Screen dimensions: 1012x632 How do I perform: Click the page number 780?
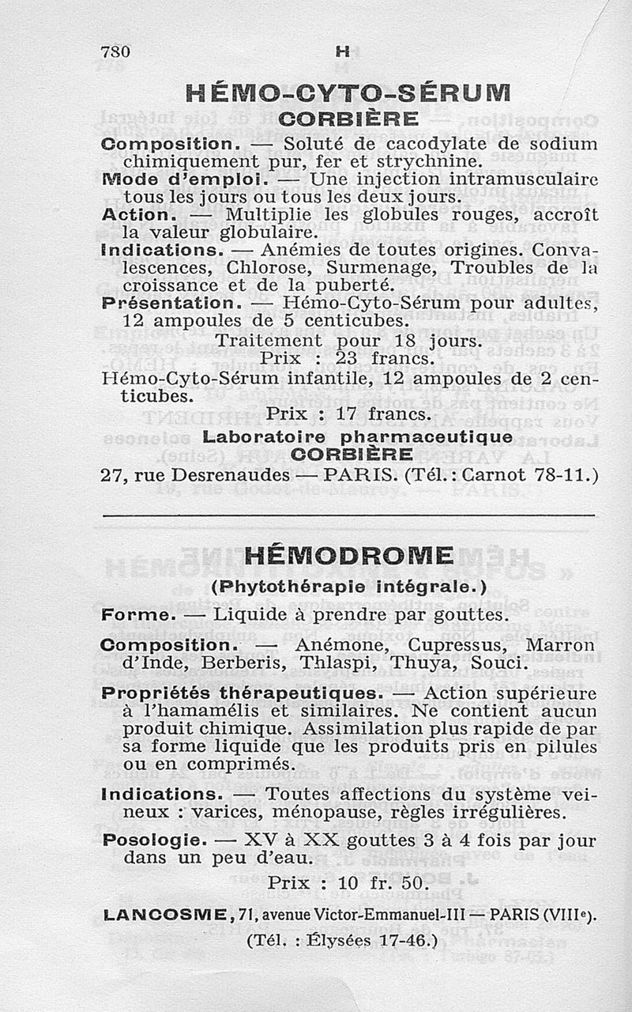[x=115, y=51]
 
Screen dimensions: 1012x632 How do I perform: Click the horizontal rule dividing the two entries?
[x=348, y=515]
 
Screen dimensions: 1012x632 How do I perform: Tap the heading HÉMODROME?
[x=348, y=556]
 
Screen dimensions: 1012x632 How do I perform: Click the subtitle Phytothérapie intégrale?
[x=348, y=587]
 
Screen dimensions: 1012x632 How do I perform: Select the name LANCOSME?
[x=165, y=916]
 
